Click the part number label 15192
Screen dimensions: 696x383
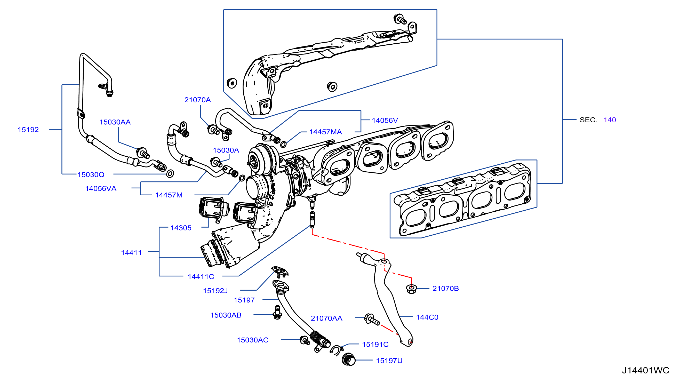(28, 130)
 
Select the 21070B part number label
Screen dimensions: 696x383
(445, 288)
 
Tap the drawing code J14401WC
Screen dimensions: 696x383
(645, 370)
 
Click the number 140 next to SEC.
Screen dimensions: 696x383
(610, 120)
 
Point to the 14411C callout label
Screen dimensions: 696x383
(201, 276)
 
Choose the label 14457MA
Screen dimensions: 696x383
(326, 132)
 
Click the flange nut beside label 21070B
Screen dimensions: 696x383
(412, 289)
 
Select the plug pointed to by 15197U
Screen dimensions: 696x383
(349, 360)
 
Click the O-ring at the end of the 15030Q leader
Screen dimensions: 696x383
(170, 173)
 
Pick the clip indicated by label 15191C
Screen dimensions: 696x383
(336, 350)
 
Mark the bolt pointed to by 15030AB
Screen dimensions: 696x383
(277, 313)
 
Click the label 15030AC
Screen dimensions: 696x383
(253, 340)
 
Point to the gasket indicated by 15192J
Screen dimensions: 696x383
(280, 271)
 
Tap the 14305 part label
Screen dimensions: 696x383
(181, 228)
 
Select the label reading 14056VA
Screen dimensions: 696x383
(101, 188)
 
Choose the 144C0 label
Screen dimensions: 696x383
(427, 317)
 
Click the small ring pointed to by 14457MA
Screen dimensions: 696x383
(283, 144)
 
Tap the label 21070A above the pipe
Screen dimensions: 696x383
(197, 100)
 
